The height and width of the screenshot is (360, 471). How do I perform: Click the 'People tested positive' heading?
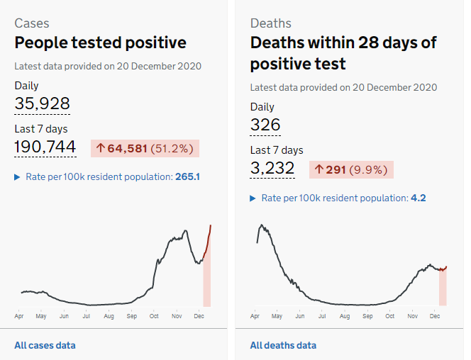tap(100, 43)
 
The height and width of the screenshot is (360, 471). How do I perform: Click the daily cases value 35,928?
tap(42, 104)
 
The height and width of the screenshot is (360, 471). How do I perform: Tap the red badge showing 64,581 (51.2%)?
tap(145, 148)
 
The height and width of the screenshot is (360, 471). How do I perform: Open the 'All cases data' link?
tap(45, 345)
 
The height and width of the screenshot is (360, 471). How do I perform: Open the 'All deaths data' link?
tap(283, 345)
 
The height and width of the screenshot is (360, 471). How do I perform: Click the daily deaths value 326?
tap(265, 125)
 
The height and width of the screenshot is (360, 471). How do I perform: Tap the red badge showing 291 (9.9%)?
tap(351, 169)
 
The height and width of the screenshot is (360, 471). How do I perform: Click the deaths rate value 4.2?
tap(418, 198)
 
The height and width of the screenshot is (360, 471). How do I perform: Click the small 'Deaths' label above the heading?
tap(270, 23)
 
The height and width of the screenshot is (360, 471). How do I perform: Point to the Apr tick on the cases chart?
tap(18, 316)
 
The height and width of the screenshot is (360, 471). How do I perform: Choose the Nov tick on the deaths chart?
tap(412, 316)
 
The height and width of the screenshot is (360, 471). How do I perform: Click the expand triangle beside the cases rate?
tap(18, 176)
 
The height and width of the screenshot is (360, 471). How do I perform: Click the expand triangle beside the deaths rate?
tap(253, 198)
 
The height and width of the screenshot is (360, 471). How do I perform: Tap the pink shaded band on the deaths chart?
tap(443, 287)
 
